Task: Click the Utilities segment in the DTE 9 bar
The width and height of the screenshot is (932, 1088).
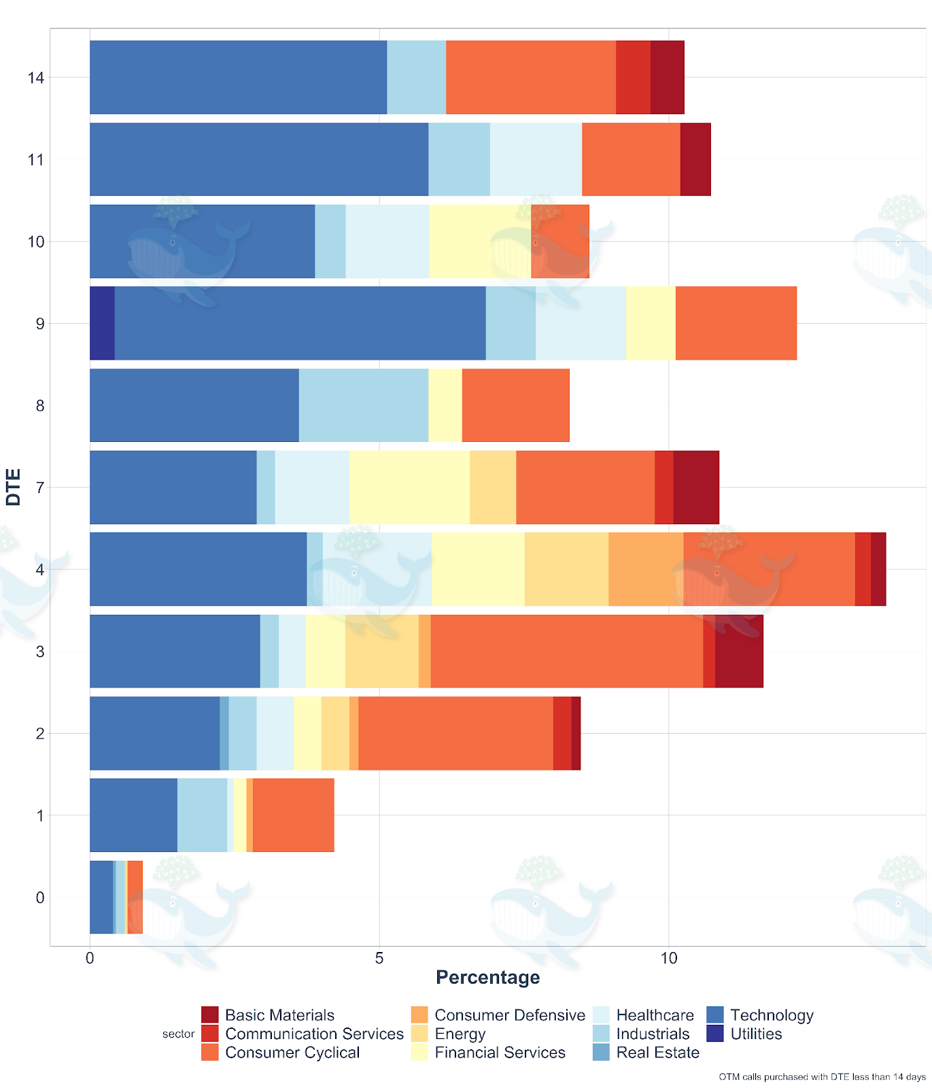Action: point(102,323)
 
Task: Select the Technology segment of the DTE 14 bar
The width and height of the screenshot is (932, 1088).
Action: point(238,78)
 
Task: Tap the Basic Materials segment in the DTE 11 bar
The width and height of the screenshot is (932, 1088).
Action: point(695,159)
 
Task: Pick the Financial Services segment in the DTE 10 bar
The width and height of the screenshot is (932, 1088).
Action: point(479,241)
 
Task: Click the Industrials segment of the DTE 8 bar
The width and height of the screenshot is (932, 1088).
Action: point(364,405)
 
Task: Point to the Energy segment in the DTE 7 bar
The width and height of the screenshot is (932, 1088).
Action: point(493,487)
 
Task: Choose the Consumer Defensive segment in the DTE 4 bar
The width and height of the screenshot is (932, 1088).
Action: point(646,569)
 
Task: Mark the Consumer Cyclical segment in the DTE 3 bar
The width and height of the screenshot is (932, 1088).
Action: point(566,651)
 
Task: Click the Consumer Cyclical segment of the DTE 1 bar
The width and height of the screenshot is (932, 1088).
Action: point(293,815)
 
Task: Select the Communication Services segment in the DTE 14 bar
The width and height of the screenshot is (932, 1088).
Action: point(633,78)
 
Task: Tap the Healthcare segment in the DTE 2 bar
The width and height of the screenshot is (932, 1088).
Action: point(275,733)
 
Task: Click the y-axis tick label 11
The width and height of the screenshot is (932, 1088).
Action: point(36,160)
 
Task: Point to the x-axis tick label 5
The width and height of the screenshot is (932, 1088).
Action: point(379,958)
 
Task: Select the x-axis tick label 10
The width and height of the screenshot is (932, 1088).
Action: point(669,958)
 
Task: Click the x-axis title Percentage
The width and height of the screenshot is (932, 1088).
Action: point(487,977)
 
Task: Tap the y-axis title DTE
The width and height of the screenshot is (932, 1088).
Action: point(14,487)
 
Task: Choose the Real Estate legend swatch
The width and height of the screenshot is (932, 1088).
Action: point(601,1053)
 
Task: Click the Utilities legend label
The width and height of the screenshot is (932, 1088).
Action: point(756,1034)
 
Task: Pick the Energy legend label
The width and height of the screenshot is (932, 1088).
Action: point(460,1034)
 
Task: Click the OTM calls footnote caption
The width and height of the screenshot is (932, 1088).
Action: point(822,1076)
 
